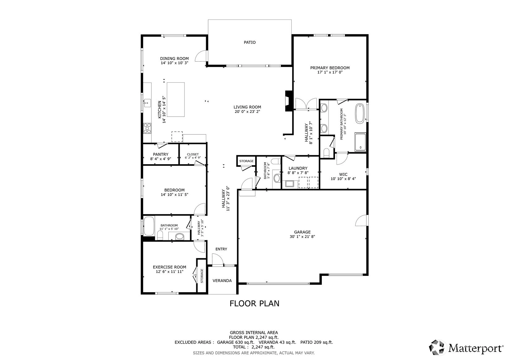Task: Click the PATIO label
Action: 249,42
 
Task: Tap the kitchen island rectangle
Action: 176,100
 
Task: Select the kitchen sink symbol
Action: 147,103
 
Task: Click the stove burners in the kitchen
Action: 147,128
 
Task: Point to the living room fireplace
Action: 289,101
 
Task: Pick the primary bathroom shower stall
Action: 360,142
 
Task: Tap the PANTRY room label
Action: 161,154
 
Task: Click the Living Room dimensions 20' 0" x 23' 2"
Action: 247,112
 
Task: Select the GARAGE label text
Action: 302,232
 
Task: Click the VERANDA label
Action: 222,281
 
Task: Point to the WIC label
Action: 343,174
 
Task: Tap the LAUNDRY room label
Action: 298,168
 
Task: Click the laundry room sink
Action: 290,183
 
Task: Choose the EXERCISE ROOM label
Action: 170,267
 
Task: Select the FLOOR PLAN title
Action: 254,303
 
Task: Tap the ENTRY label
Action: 221,249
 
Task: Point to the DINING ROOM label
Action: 174,58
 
